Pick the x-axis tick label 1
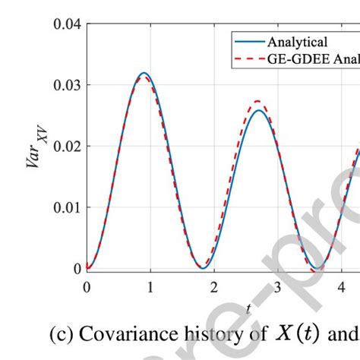pos(150,287)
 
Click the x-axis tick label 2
pos(215,287)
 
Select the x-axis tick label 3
pos(279,287)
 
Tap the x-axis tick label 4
pos(343,287)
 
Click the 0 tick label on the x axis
pos(87,287)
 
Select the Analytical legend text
pos(292,43)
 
